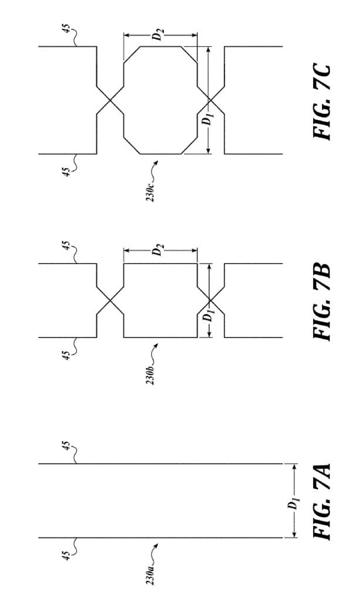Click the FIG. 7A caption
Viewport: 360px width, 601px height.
(321, 502)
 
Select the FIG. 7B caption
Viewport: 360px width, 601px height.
(321, 301)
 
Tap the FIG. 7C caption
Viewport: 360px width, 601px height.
(321, 101)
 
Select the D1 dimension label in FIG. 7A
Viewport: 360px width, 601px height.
(293, 503)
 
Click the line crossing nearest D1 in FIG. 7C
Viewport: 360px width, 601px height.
(210, 100)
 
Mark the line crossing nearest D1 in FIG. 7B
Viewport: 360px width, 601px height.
(210, 300)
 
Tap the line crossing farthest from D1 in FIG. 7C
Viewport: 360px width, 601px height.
(110, 100)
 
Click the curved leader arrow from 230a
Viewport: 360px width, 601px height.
(154, 554)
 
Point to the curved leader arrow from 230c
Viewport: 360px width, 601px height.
(154, 170)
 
